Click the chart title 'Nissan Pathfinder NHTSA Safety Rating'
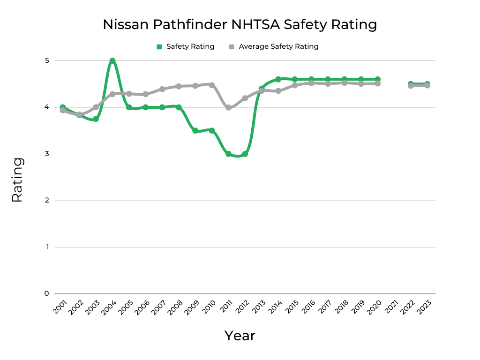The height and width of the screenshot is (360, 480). click(240, 24)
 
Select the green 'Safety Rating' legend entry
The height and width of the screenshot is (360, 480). click(186, 46)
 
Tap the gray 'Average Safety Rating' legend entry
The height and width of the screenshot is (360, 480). click(274, 46)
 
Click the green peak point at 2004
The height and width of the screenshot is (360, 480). click(112, 61)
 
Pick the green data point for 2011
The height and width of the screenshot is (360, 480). click(228, 154)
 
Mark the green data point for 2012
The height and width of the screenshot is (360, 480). click(245, 154)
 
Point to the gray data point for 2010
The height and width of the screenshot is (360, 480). click(212, 85)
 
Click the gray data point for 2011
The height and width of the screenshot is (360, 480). click(228, 107)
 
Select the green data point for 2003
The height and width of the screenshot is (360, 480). click(96, 119)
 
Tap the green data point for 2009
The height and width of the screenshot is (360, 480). click(195, 131)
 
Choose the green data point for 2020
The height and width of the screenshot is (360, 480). click(377, 79)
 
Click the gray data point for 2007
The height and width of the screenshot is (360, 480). click(162, 89)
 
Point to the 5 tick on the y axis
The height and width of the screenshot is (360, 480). click(47, 60)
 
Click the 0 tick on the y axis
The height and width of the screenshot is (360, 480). click(47, 293)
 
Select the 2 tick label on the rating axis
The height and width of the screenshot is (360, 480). click(47, 200)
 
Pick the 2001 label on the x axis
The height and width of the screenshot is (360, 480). click(59, 307)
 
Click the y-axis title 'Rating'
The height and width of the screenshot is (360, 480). click(17, 180)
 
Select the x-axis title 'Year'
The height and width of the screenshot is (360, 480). click(240, 336)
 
